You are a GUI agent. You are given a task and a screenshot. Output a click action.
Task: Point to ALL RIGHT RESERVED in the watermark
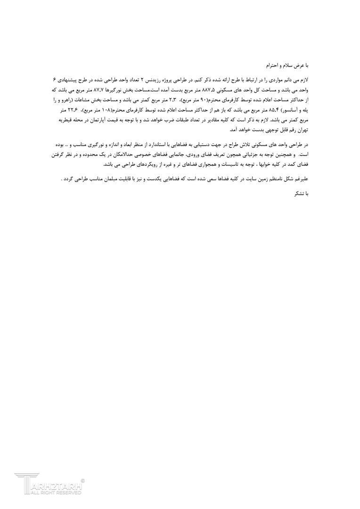point(54,493)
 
